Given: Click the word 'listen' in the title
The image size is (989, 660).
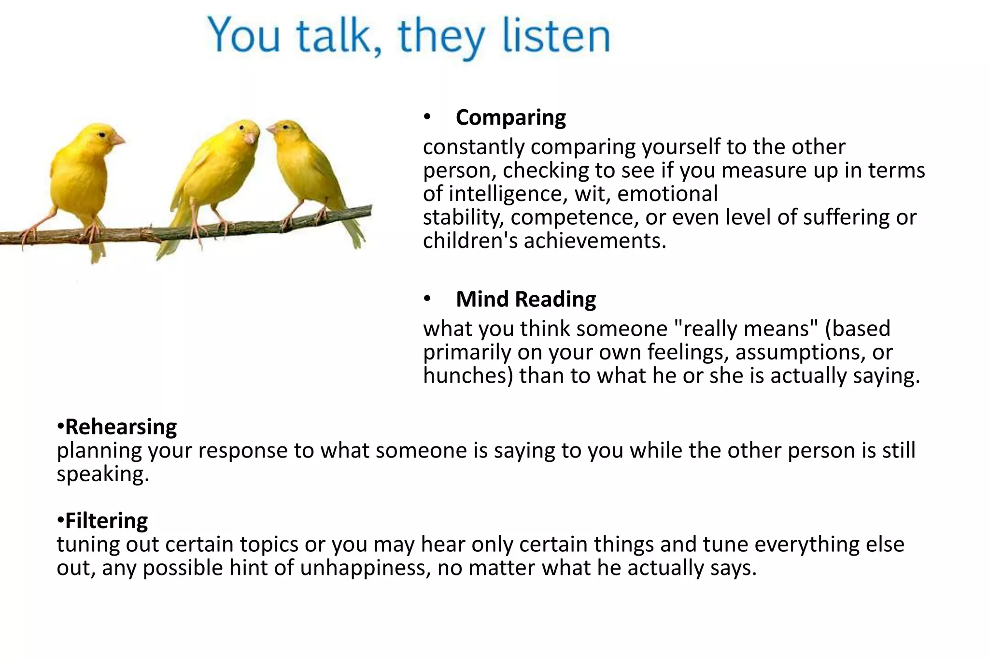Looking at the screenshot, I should coord(556,36).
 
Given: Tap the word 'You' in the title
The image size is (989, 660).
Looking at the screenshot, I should coord(244,36).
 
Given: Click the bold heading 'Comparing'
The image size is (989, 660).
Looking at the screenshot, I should coord(510,118).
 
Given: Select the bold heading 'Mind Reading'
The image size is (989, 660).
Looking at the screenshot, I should coord(525,300).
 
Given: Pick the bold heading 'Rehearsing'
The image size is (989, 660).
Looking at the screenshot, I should coord(121,427).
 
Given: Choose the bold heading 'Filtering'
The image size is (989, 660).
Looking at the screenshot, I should coord(106,521).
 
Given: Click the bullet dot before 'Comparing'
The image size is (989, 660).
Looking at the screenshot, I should coord(427,117).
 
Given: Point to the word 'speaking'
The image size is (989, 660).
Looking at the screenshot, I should coord(102,474).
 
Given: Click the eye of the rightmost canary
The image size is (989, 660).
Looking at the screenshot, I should coord(285,127).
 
